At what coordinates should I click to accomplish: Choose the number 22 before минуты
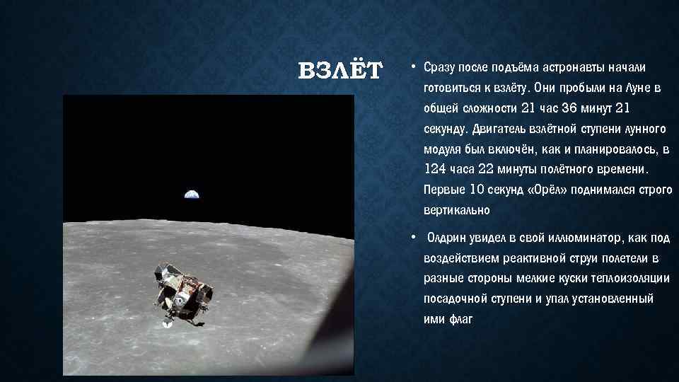[486, 170]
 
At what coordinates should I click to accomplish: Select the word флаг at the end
[459, 319]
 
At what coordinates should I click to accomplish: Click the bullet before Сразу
[412, 68]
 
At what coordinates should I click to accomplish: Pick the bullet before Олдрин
[412, 238]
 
